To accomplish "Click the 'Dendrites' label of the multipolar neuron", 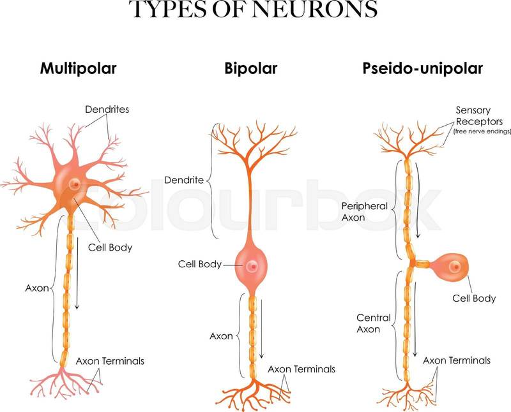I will pos(107,109).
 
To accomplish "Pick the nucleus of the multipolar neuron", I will pos(75,184).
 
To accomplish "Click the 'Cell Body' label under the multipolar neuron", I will pos(110,246).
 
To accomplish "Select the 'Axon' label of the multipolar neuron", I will pos(38,288).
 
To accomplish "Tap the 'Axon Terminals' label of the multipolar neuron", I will pos(110,361).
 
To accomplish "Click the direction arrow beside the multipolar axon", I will pos(77,274).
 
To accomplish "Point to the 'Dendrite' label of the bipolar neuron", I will pos(184,180).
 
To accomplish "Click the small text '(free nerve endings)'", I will pos(482,131).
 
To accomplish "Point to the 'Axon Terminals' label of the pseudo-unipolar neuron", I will pos(457,360).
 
